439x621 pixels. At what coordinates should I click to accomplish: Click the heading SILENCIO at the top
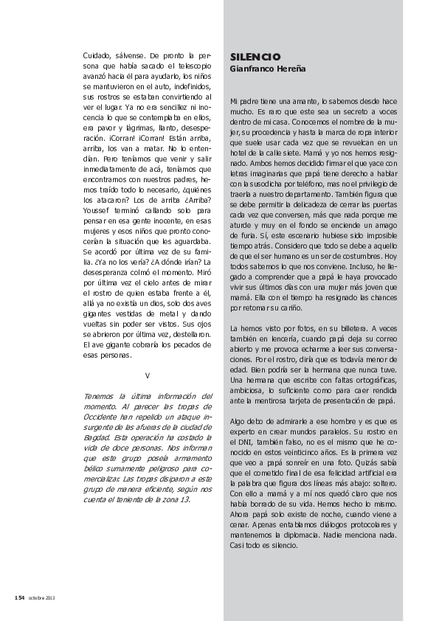coord(255,57)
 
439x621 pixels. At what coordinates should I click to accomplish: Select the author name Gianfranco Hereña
coord(268,69)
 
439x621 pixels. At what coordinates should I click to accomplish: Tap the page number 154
coord(20,597)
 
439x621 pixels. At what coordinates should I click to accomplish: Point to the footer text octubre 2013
coord(42,597)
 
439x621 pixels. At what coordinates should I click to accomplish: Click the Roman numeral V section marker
coord(148,375)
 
